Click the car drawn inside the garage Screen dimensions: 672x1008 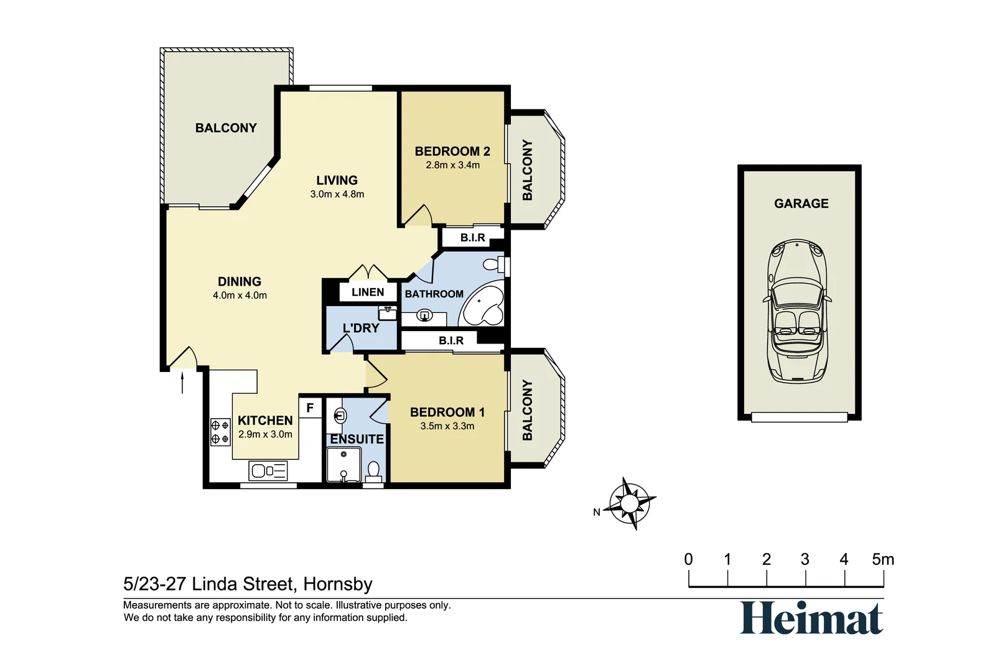click(x=797, y=311)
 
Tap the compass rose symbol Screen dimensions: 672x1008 click(x=631, y=503)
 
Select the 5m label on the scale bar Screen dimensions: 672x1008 click(x=882, y=559)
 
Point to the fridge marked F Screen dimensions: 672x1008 click(x=310, y=408)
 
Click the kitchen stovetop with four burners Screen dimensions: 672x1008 click(x=220, y=432)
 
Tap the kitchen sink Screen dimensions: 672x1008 click(x=268, y=470)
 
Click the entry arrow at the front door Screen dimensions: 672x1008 click(x=182, y=382)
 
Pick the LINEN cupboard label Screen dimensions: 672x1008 click(x=368, y=292)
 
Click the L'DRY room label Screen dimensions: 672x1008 click(x=361, y=328)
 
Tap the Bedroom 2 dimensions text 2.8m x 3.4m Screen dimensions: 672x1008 click(x=452, y=165)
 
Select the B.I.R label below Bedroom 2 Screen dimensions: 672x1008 click(x=472, y=238)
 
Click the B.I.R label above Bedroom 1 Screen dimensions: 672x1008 click(x=451, y=340)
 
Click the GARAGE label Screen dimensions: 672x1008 click(x=801, y=203)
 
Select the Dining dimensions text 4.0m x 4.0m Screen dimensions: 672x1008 click(x=240, y=296)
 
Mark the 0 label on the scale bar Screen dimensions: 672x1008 click(x=688, y=559)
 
